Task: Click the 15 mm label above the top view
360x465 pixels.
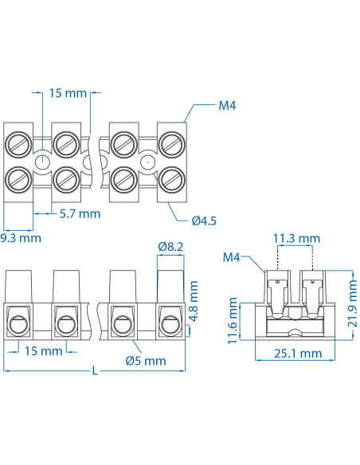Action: point(68,93)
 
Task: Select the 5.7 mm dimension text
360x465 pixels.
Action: point(80,213)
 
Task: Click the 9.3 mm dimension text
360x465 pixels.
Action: point(20,236)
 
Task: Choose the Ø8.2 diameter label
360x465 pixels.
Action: point(170,248)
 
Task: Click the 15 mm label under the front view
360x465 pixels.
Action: point(43,351)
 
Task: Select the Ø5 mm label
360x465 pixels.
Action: point(146,361)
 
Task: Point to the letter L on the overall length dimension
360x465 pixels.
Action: point(96,370)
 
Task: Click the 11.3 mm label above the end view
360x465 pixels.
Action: point(296,238)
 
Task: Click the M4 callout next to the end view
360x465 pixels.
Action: point(232,257)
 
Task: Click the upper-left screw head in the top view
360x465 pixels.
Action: point(18,145)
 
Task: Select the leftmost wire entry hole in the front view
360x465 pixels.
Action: point(18,324)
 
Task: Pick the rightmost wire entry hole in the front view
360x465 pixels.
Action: point(170,324)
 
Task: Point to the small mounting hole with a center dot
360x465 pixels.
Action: point(146,162)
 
